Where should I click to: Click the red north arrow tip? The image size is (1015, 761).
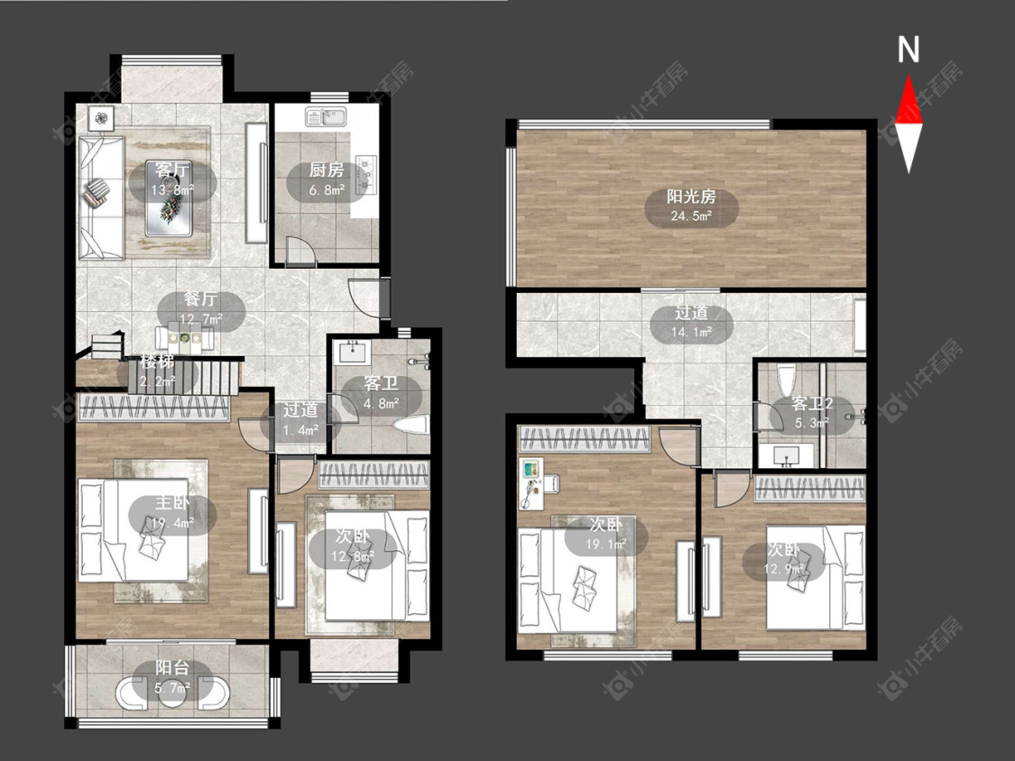[909, 76]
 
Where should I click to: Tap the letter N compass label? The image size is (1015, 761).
[909, 50]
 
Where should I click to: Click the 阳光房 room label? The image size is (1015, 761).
[691, 196]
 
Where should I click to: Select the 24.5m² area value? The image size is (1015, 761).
[691, 215]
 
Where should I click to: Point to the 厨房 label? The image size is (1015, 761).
[327, 170]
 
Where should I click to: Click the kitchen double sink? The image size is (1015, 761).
[326, 116]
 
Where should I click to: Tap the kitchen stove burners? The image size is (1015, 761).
[367, 173]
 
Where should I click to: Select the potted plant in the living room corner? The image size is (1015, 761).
[102, 118]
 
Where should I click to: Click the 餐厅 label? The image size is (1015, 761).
[200, 299]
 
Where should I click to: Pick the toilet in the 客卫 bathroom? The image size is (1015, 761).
[411, 426]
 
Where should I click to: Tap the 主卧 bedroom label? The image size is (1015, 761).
[172, 503]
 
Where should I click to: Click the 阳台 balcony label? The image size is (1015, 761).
[172, 667]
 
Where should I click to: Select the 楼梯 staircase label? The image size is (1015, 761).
[158, 362]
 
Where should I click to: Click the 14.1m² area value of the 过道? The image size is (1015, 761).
[691, 332]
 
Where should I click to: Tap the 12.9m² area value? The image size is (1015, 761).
[784, 569]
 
